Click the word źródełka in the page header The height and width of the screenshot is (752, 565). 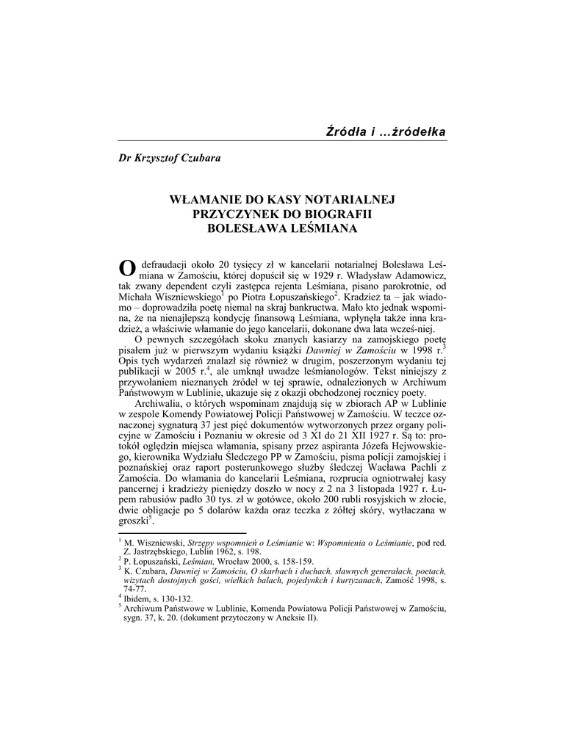point(419,131)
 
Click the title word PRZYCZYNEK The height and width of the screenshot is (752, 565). point(237,214)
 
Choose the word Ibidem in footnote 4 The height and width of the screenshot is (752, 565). point(137,599)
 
